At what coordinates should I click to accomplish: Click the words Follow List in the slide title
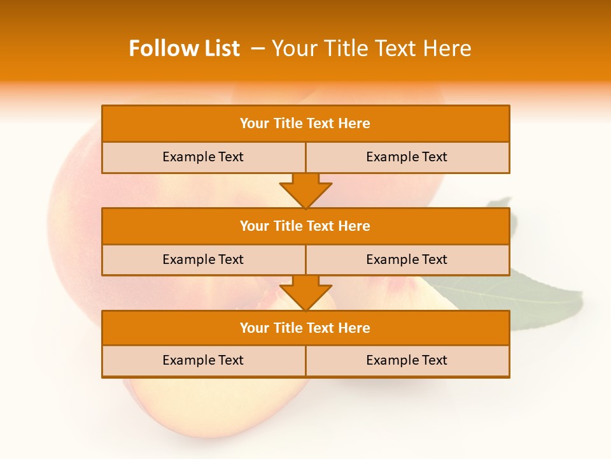pos(184,48)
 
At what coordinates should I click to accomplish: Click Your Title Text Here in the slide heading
pos(371,48)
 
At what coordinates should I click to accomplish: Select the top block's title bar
pos(305,124)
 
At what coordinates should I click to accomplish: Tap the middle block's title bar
pos(305,226)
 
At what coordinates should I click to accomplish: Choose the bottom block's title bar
pos(305,328)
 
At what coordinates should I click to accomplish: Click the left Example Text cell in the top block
pos(203,157)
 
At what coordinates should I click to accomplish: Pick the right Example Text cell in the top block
pos(407,157)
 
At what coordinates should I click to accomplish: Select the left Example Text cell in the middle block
pos(203,259)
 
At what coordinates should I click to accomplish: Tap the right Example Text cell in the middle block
pos(407,259)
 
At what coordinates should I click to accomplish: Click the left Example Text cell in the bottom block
pos(203,360)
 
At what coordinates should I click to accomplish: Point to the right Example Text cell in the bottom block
pos(407,360)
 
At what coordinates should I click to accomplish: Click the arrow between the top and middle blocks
pos(305,191)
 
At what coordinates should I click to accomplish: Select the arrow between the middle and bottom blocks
pos(305,293)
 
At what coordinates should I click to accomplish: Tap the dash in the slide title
pos(258,48)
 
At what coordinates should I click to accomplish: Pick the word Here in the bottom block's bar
pos(354,328)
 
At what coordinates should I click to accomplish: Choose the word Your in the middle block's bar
pos(255,226)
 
